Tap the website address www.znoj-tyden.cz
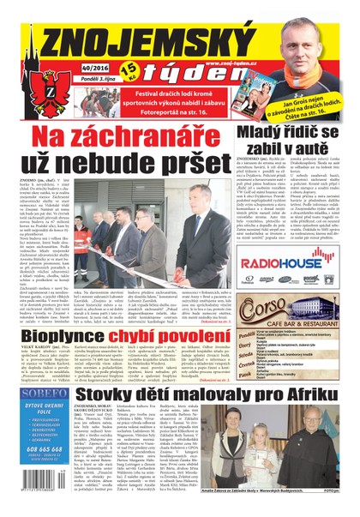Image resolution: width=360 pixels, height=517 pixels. [x=232, y=62]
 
